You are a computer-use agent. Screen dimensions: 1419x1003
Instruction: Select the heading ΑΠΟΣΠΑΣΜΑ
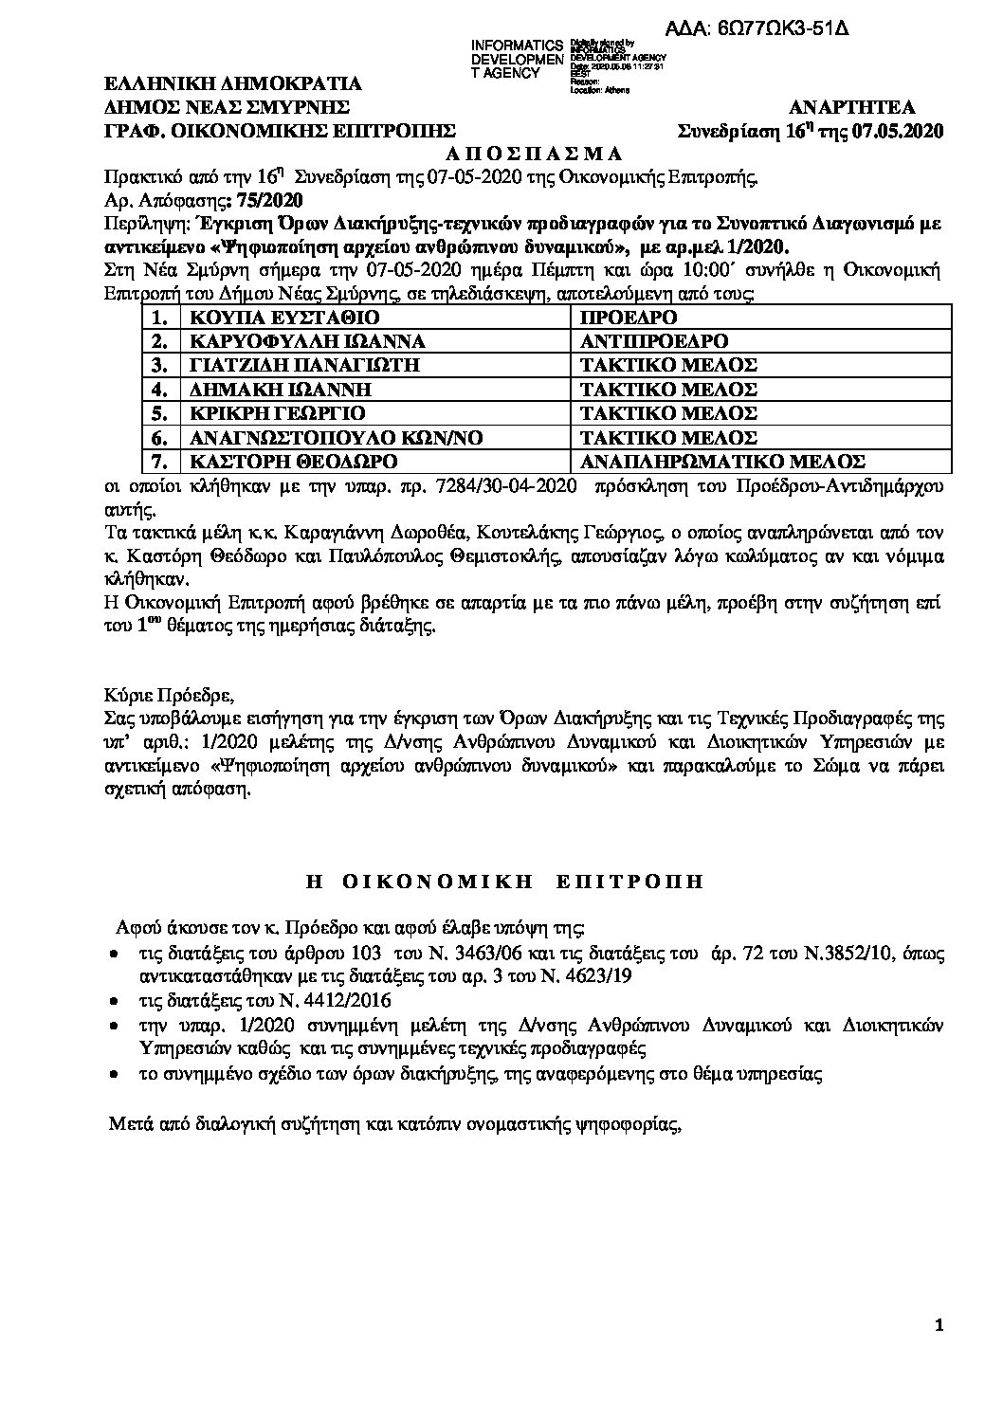click(x=521, y=153)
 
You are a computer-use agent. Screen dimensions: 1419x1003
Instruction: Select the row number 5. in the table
click(x=159, y=413)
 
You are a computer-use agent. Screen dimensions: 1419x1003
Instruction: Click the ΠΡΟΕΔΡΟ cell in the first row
click(x=629, y=317)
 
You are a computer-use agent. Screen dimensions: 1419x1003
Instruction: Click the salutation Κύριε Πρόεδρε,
click(x=166, y=689)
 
